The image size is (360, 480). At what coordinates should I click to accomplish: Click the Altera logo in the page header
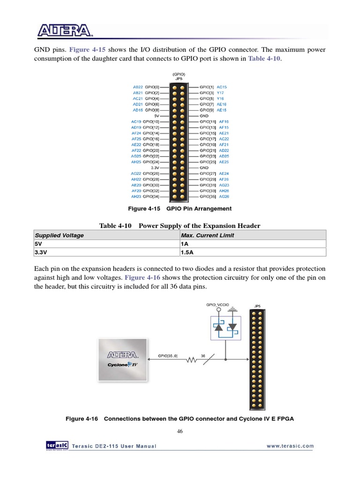click(x=65, y=31)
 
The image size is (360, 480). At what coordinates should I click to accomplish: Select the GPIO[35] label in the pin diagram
click(x=207, y=196)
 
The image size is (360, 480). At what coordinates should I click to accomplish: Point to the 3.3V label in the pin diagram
click(x=155, y=167)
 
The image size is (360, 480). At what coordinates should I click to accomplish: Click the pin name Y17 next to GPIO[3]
click(x=220, y=93)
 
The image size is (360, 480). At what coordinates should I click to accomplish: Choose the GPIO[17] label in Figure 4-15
click(x=207, y=139)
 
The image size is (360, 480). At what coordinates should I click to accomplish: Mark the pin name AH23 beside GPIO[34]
click(x=136, y=196)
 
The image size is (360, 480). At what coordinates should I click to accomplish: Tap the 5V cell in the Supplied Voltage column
click(x=38, y=244)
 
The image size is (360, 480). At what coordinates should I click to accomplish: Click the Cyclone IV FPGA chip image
click(x=123, y=360)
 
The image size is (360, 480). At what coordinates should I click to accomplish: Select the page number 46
click(x=180, y=432)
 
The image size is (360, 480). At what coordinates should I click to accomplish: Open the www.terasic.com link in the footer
click(x=290, y=446)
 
